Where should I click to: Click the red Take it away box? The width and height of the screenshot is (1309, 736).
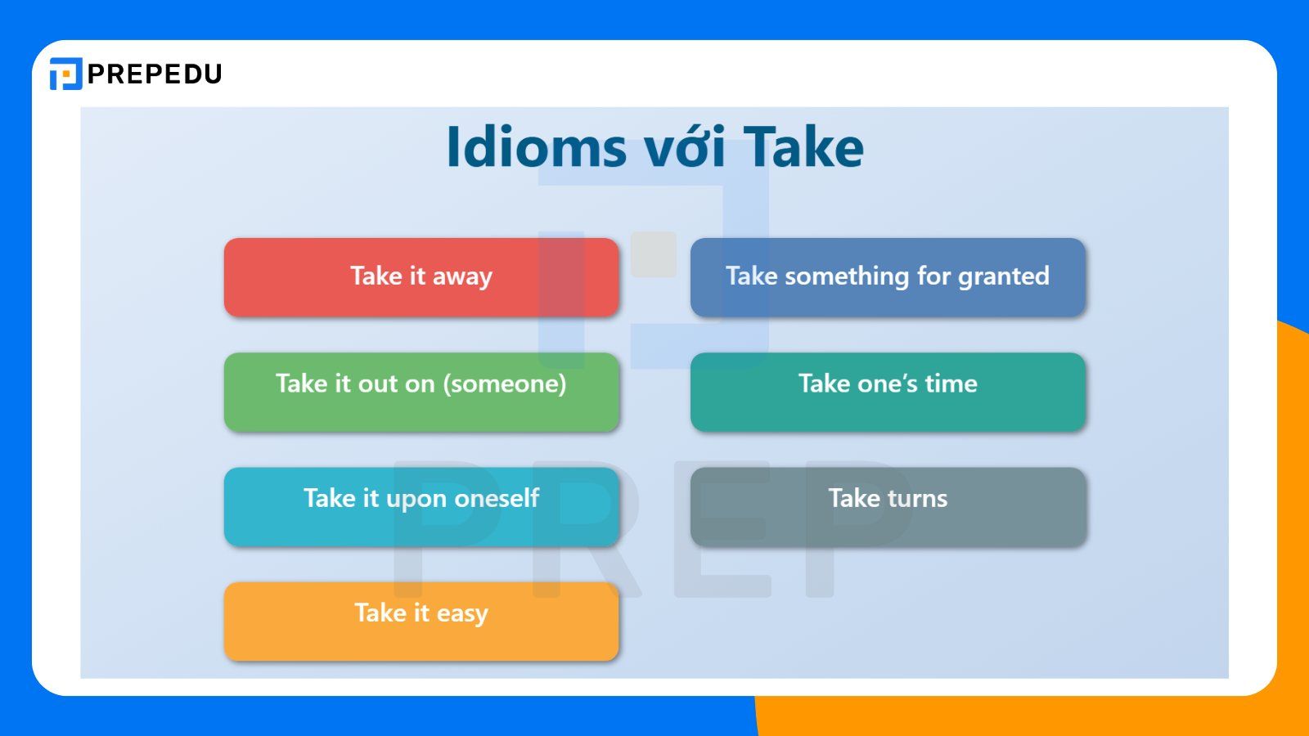pyautogui.click(x=421, y=277)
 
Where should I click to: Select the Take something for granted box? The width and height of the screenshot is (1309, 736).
pyautogui.click(x=888, y=277)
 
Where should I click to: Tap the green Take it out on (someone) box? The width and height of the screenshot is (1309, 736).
pyautogui.click(x=421, y=392)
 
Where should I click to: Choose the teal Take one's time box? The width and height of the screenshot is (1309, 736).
pyautogui.click(x=888, y=392)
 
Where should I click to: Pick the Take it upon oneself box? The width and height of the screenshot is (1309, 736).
pyautogui.click(x=421, y=506)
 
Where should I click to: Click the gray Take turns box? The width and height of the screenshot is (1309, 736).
pyautogui.click(x=888, y=506)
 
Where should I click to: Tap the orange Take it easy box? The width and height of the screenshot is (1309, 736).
pyautogui.click(x=421, y=621)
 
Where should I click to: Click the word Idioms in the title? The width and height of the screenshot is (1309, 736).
pyautogui.click(x=536, y=147)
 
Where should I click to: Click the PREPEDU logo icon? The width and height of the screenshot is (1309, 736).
pyautogui.click(x=65, y=74)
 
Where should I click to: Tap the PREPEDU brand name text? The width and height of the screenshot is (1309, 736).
pyautogui.click(x=155, y=74)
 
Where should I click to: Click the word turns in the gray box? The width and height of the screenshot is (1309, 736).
pyautogui.click(x=917, y=498)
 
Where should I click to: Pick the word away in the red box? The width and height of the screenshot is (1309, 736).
pyautogui.click(x=462, y=276)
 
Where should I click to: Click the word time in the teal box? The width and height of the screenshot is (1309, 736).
pyautogui.click(x=951, y=384)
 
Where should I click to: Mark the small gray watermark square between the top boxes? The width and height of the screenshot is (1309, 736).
pyautogui.click(x=654, y=254)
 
